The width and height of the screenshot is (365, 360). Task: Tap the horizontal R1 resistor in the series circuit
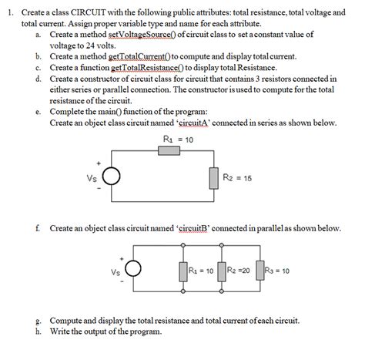pyautogui.click(x=171, y=150)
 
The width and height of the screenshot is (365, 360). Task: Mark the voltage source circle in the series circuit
pyautogui.click(x=112, y=177)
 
